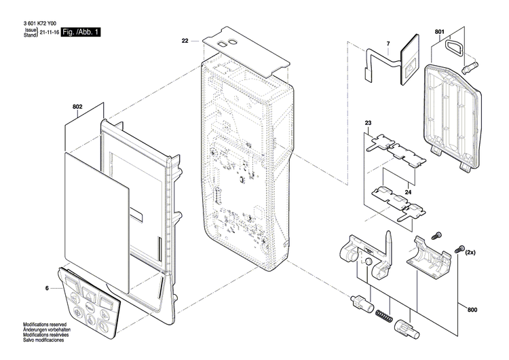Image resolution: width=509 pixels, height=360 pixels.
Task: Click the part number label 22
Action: pos(185,41)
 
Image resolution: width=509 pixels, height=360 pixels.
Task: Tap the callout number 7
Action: pos(388,43)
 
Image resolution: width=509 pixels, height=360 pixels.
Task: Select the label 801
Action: pos(440,32)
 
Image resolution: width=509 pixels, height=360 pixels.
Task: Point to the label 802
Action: pos(77,107)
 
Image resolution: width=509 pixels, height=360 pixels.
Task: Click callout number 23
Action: pos(368,123)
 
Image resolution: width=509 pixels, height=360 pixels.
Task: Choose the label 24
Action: pos(408,192)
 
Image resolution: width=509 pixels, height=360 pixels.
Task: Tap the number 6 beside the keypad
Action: pos(47,288)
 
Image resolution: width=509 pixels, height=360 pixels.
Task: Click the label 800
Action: pos(472,310)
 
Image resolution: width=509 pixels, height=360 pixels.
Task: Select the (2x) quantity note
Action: pos(470,252)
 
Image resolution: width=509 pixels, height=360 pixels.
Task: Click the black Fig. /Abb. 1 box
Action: pos(81,32)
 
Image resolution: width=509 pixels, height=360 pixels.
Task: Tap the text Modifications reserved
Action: pos(45,324)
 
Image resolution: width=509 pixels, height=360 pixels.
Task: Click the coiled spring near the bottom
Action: pos(384,315)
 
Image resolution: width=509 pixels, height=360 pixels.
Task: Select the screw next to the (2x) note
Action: pos(459,249)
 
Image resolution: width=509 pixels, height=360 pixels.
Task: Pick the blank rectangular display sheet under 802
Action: pos(97,221)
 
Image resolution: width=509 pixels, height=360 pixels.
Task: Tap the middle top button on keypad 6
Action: pos(88,294)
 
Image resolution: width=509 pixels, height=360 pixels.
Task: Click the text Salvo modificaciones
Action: pos(43,340)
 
